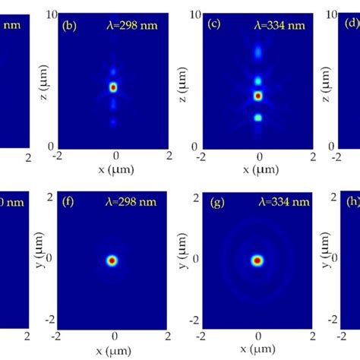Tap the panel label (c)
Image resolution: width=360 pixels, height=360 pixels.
(215, 25)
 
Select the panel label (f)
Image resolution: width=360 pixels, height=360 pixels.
(68, 204)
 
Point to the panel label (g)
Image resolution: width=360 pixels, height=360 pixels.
(215, 204)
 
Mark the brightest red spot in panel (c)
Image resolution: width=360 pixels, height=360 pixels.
(257, 96)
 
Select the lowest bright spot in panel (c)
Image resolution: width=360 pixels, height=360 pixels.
(257, 118)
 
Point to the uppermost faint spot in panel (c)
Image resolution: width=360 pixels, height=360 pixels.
(257, 52)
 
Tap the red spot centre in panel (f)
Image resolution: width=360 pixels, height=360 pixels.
(112, 261)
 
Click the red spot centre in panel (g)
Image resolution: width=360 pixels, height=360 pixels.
(257, 261)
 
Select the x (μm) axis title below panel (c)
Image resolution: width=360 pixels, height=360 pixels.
(257, 174)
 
